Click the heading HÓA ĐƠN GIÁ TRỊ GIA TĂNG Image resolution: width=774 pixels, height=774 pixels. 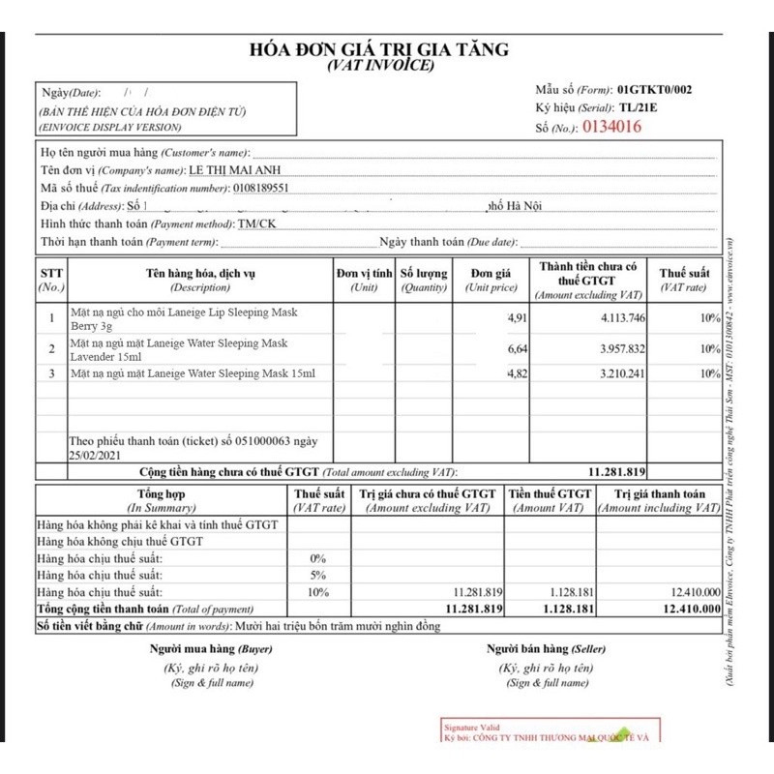click(379, 49)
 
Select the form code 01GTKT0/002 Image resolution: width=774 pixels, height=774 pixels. click(654, 90)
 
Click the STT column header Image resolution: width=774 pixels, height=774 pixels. click(51, 280)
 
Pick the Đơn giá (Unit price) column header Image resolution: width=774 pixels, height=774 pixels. click(491, 280)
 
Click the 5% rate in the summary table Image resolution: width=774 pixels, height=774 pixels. click(317, 575)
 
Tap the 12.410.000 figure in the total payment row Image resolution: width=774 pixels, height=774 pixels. click(690, 609)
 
